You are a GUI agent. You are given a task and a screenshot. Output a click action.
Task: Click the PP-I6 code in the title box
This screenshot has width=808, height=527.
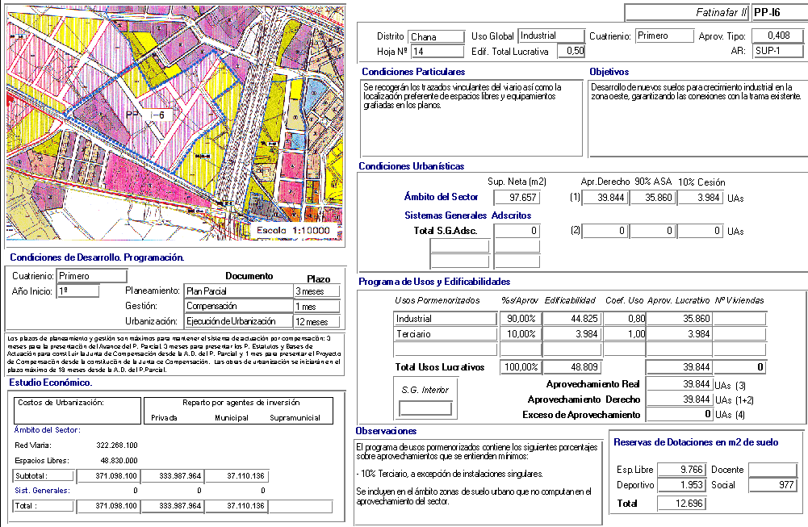pos(777,13)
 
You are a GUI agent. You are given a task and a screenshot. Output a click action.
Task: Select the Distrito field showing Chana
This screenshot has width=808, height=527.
pos(436,36)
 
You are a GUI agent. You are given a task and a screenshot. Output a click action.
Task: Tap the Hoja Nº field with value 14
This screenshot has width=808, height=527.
pos(436,52)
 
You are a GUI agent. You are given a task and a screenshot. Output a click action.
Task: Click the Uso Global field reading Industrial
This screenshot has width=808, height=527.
pos(551,36)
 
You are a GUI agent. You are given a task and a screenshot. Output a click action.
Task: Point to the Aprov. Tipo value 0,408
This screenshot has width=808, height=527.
pos(778,36)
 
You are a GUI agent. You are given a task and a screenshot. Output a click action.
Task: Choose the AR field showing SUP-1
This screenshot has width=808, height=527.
pos(778,52)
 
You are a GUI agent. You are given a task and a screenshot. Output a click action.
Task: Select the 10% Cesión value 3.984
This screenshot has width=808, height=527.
pos(700,198)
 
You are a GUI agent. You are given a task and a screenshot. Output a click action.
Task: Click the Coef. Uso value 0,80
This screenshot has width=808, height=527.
pos(624,319)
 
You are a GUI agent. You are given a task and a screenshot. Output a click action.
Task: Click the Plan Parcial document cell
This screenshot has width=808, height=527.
pos(237,291)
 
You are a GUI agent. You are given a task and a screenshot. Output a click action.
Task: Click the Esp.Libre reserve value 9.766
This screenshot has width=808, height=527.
pos(681,470)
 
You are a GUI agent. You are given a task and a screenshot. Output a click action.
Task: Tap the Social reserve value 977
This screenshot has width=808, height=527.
pos(772,485)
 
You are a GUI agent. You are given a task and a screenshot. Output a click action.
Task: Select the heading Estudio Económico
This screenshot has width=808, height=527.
pos(50,383)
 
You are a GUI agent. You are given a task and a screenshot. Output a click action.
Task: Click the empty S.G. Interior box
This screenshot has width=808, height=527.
pos(425,408)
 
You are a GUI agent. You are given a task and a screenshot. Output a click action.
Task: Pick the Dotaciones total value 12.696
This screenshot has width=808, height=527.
pos(681,504)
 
